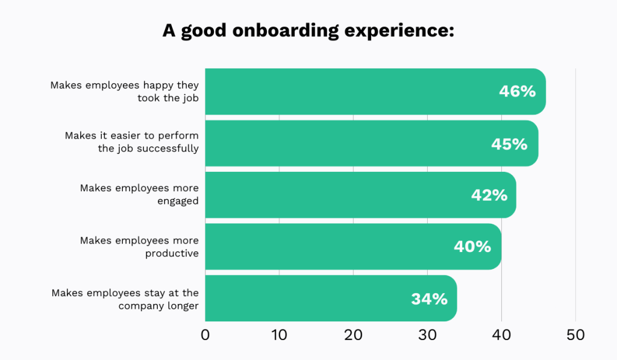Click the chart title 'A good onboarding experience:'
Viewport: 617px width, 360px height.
(308, 31)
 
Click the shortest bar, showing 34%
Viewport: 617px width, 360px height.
(313, 298)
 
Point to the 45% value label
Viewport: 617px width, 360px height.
(509, 144)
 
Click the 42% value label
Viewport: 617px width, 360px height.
(489, 195)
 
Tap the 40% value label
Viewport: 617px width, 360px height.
(472, 247)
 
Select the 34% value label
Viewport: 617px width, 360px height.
(429, 298)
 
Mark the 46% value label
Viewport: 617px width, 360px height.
(517, 92)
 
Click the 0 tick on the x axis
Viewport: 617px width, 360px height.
(205, 335)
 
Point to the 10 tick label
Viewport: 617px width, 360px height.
(279, 335)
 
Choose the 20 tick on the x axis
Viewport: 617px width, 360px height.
(353, 335)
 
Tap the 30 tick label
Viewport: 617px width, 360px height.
(427, 335)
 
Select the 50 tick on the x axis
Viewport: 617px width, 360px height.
(575, 335)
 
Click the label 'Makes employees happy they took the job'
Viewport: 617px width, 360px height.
(125, 92)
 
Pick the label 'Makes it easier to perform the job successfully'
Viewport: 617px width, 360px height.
(132, 142)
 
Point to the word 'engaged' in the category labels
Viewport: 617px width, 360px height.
(178, 201)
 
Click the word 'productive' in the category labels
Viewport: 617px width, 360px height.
(172, 253)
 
